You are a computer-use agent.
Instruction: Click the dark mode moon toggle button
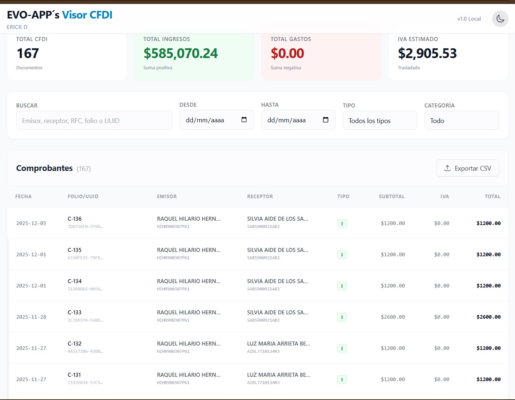pyautogui.click(x=500, y=19)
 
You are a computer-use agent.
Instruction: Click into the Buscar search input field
pyautogui.click(x=94, y=121)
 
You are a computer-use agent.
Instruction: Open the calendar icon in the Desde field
pyautogui.click(x=244, y=120)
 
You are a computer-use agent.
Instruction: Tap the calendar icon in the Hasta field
pyautogui.click(x=326, y=120)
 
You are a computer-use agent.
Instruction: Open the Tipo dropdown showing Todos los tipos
pyautogui.click(x=379, y=121)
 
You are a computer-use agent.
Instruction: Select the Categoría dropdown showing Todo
pyautogui.click(x=461, y=121)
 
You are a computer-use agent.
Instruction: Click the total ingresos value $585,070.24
pyautogui.click(x=181, y=53)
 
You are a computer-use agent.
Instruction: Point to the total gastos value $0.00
pyautogui.click(x=287, y=53)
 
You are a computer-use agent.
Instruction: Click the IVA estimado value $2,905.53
pyautogui.click(x=427, y=53)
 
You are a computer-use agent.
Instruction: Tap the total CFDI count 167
pyautogui.click(x=28, y=53)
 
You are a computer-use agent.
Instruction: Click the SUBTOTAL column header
pyautogui.click(x=391, y=196)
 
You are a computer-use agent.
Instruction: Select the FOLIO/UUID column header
pyautogui.click(x=83, y=196)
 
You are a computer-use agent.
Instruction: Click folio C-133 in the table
pyautogui.click(x=75, y=313)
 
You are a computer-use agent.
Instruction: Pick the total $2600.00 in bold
pyautogui.click(x=488, y=317)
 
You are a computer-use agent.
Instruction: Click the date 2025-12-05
pyautogui.click(x=31, y=223)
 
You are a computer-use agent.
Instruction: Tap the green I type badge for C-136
pyautogui.click(x=342, y=224)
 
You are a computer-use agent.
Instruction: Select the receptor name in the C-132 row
pyautogui.click(x=278, y=344)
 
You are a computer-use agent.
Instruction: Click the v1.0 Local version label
pyautogui.click(x=469, y=19)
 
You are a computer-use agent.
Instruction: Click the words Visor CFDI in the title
pyautogui.click(x=87, y=15)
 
